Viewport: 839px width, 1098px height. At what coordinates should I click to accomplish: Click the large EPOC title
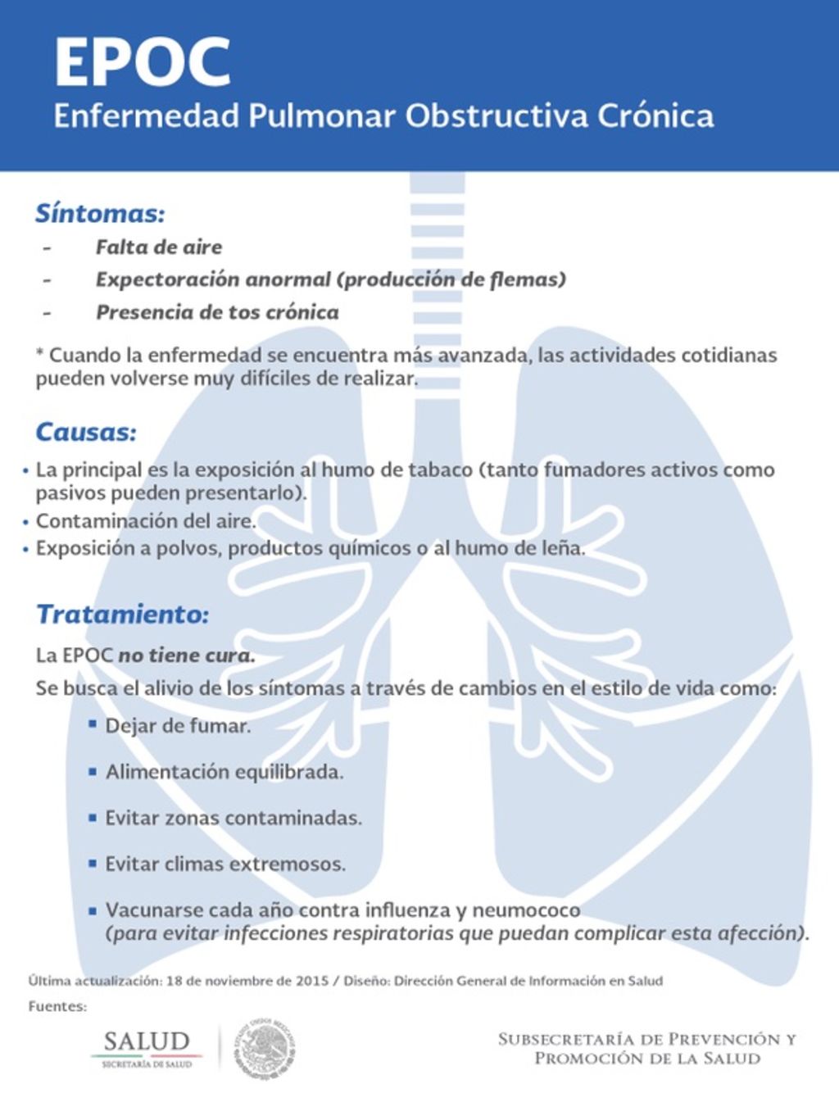tap(142, 62)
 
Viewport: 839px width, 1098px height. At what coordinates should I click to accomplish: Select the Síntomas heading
tap(99, 214)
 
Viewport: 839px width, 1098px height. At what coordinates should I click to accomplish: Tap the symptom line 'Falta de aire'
tap(158, 247)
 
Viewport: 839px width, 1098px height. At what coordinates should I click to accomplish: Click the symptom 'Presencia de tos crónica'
tap(217, 312)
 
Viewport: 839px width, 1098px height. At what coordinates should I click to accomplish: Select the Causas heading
tap(85, 432)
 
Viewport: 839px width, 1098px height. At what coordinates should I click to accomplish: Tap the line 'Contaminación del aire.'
tap(146, 521)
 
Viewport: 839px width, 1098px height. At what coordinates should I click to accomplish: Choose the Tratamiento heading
tap(122, 614)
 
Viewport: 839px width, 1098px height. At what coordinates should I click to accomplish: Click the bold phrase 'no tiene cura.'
tap(187, 656)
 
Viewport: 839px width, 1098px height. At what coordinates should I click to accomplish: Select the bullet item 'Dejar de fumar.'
tap(178, 726)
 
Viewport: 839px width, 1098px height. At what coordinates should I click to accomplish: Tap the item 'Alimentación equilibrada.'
tap(224, 772)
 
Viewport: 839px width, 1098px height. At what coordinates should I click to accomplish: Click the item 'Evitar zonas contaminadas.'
tap(233, 818)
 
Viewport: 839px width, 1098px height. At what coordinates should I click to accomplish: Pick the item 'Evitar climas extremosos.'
tap(224, 864)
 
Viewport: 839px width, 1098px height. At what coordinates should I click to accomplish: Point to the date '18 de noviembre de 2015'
tap(247, 981)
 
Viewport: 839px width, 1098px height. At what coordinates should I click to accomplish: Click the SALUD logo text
tap(146, 1042)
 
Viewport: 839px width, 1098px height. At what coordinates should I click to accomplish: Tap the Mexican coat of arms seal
tap(265, 1048)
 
